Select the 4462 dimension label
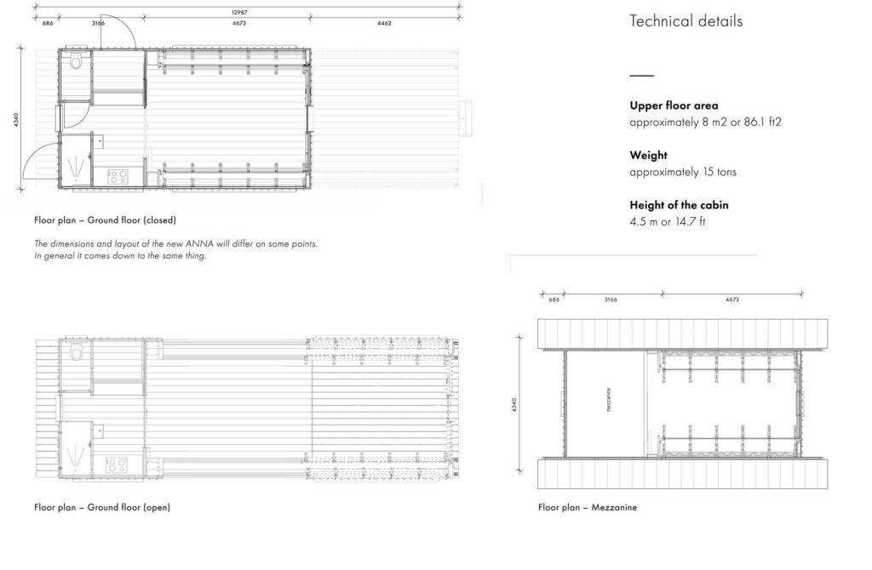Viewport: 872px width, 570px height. click(384, 23)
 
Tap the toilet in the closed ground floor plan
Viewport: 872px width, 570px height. click(76, 61)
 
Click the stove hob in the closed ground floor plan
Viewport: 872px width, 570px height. click(117, 176)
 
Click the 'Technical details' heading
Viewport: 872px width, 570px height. click(686, 21)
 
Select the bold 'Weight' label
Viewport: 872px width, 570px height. click(648, 156)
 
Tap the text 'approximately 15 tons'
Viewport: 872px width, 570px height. click(683, 172)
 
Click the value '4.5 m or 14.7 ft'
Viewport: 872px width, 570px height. click(668, 221)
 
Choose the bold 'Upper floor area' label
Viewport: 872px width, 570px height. click(674, 106)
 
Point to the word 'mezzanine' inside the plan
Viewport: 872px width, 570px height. click(609, 400)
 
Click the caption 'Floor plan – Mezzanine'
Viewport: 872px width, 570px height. click(587, 508)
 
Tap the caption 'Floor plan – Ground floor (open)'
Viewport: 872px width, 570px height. click(102, 508)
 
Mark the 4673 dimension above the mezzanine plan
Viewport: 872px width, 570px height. click(731, 300)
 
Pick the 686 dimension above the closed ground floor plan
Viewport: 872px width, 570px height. click(48, 23)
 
